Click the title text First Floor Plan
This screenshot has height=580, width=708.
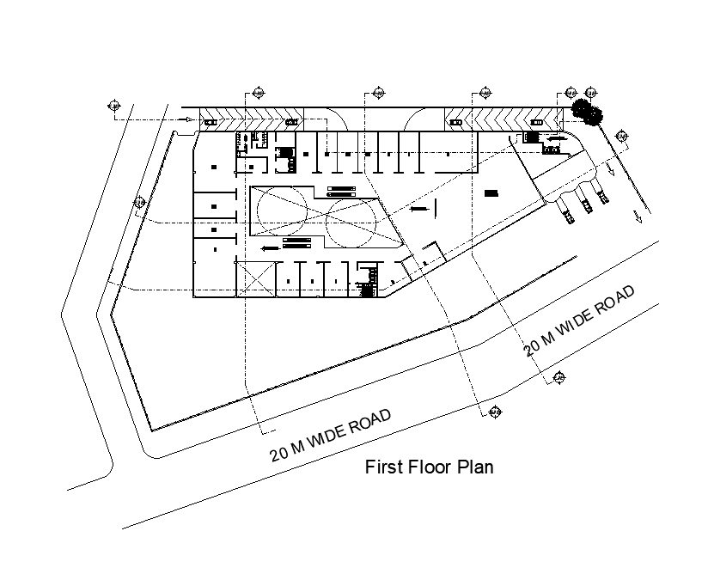tap(429, 468)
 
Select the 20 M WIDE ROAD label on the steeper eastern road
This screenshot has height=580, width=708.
tap(579, 321)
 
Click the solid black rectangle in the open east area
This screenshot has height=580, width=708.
tap(491, 193)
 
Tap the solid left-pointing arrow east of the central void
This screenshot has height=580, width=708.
tap(419, 208)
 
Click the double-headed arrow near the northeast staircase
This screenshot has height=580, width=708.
tap(554, 137)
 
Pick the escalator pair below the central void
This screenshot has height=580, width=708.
tap(296, 245)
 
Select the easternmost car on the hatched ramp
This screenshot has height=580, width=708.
tap(539, 123)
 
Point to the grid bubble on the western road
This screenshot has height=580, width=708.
tap(138, 203)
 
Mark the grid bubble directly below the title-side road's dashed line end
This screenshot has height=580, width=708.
tap(494, 414)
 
